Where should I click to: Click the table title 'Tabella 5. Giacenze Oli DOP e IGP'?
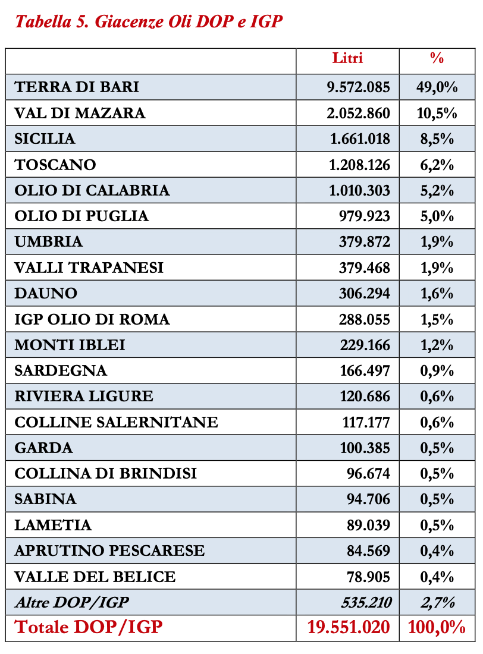149,23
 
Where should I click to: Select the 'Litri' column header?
347,58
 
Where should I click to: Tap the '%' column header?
437,58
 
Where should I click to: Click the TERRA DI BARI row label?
77,87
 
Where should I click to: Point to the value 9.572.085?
358,87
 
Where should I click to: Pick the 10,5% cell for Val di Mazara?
437,113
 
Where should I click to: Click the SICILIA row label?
45,139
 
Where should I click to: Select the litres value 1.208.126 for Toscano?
359,165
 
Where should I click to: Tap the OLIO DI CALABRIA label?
92,190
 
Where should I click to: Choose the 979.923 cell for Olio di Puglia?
365,216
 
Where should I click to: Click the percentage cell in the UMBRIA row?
437,242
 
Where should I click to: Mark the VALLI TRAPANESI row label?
89,268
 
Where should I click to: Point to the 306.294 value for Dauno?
365,294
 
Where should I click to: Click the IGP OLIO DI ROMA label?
92,319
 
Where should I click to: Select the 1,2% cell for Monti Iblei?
437,345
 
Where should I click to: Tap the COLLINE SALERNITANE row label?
116,422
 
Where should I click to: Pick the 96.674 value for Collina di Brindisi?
368,474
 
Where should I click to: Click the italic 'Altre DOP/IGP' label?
71,602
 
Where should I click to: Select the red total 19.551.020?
349,627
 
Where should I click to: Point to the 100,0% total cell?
437,627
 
